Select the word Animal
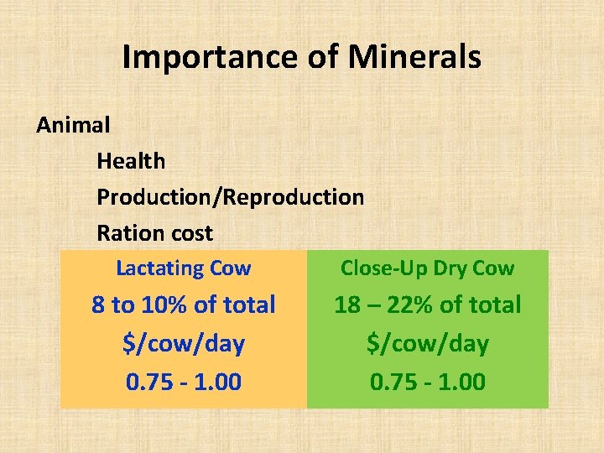coord(73,125)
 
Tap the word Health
coord(131,160)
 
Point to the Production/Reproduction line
coord(230,197)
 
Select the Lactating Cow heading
coord(183,268)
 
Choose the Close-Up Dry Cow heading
coord(427,268)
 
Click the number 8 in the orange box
coord(99,305)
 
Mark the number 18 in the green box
coord(348,305)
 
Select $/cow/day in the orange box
coord(183,343)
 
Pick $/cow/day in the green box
coord(427,343)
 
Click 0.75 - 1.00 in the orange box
coord(183,382)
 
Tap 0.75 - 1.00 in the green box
coord(427,382)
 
